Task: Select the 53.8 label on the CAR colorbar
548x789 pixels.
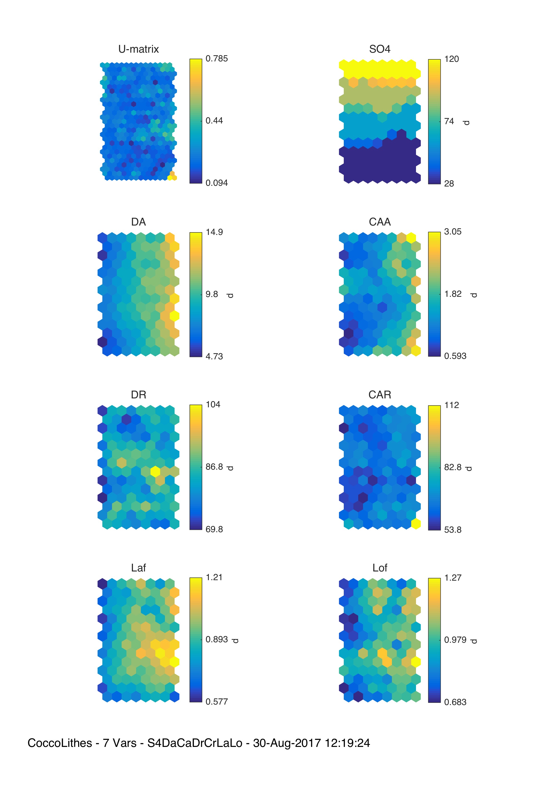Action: [452, 530]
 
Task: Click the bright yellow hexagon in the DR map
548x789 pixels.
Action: [155, 471]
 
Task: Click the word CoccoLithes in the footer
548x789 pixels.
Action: [59, 743]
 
